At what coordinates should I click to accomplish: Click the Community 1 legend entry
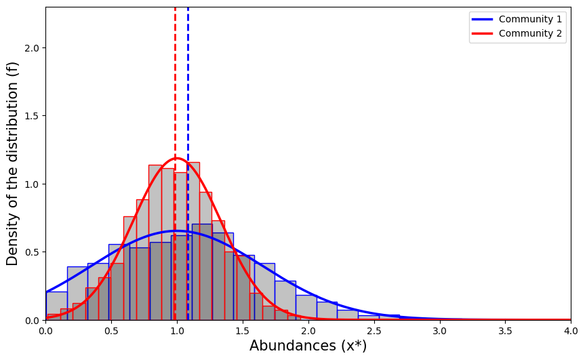(530, 19)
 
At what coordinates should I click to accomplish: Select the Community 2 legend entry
(530, 33)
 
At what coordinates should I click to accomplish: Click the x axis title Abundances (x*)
(308, 346)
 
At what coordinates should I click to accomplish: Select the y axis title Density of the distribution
(13, 163)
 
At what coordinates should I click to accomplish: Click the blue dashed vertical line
(188, 102)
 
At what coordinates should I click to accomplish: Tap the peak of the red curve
(176, 159)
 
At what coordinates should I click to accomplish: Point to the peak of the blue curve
(178, 231)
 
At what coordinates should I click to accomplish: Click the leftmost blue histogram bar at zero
(56, 306)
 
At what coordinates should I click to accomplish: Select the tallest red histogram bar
(193, 241)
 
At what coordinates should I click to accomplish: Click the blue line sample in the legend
(483, 19)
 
